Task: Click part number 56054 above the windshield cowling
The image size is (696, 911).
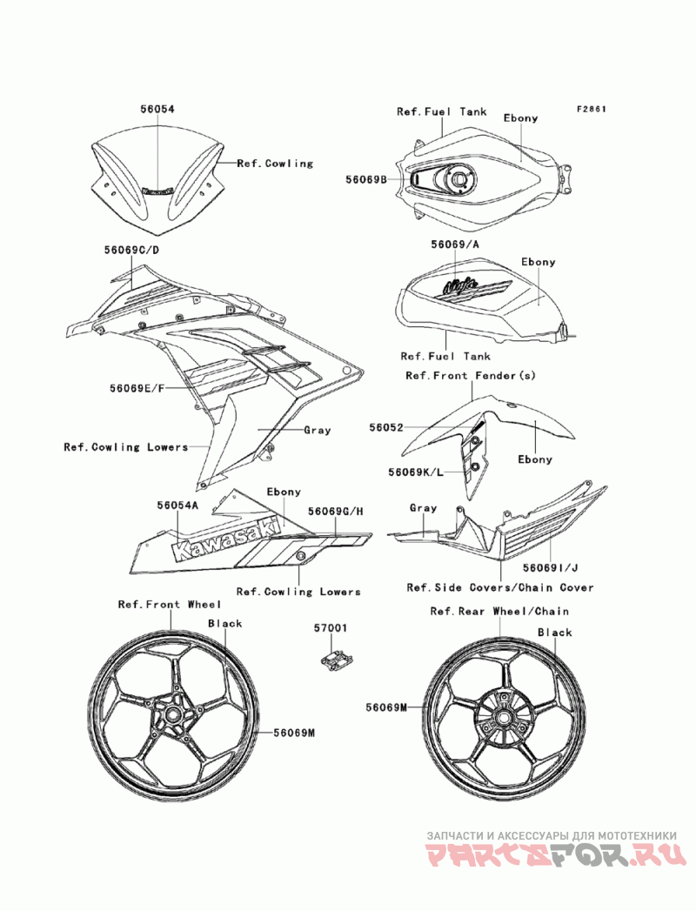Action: [x=157, y=109]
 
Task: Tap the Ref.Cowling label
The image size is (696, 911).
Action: [x=276, y=164]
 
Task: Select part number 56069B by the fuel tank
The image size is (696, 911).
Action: [x=366, y=180]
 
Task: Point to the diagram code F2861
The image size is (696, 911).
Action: [x=592, y=109]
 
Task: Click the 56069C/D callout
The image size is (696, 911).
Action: [x=131, y=250]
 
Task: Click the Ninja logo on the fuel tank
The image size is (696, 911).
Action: [x=461, y=285]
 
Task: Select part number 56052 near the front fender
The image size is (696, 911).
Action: [x=385, y=427]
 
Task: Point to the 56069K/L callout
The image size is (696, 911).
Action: [x=416, y=472]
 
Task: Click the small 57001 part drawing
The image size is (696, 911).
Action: [x=335, y=660]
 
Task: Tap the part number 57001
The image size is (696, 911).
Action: [x=331, y=628]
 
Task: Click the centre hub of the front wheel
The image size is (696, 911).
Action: [x=172, y=713]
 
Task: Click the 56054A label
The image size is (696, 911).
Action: [x=177, y=506]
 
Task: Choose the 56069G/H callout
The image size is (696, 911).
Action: [x=336, y=512]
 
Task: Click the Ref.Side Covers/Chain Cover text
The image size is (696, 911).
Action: [x=500, y=587]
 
